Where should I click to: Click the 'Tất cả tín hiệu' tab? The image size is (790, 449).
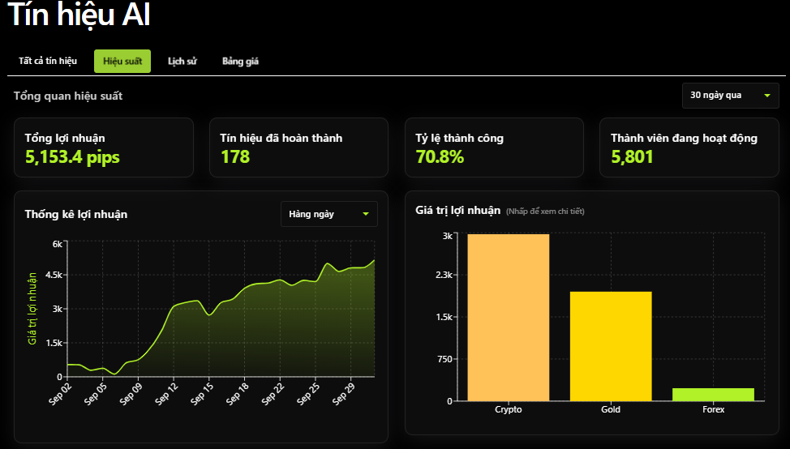48,61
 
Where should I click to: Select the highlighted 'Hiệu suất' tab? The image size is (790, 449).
122,61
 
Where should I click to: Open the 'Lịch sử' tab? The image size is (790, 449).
182,61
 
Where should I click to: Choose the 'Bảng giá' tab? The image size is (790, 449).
240,61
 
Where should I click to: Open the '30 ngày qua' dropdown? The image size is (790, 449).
731,95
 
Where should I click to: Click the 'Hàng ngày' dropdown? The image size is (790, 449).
329,214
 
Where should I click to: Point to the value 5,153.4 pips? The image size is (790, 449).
72,157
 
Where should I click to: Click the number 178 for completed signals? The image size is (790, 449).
235,156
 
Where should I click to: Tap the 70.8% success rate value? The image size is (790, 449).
440,156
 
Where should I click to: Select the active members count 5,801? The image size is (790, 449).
633,157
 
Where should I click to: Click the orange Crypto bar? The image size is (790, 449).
509,318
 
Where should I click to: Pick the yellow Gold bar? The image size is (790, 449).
611,346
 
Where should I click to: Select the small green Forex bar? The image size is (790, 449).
714,395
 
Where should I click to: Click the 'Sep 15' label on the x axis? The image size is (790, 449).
201,394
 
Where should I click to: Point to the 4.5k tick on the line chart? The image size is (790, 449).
54,275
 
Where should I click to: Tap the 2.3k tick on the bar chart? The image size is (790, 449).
444,275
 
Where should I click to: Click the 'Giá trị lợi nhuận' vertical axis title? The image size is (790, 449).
32,309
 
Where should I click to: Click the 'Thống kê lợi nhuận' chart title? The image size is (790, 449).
76,215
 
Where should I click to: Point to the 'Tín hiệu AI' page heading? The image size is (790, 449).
79,14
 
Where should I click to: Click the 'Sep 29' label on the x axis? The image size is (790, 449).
344,394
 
